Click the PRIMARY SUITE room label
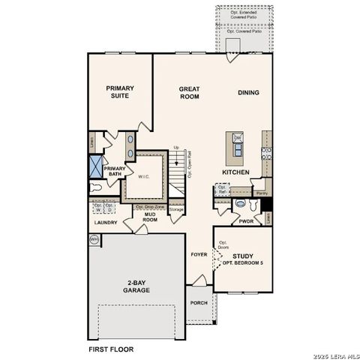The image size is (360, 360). pyautogui.click(x=118, y=91)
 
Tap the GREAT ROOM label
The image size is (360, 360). pyautogui.click(x=188, y=92)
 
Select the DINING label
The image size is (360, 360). pyautogui.click(x=248, y=92)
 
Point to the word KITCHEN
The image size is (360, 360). pyautogui.click(x=236, y=172)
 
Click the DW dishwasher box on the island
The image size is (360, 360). pyautogui.click(x=237, y=139)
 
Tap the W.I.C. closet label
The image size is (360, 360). pyautogui.click(x=145, y=177)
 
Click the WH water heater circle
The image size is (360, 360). pyautogui.click(x=94, y=239)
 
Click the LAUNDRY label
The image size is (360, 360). pyautogui.click(x=106, y=223)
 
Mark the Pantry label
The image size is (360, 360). pyautogui.click(x=261, y=193)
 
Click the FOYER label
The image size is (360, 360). pyautogui.click(x=198, y=253)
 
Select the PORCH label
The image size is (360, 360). pyautogui.click(x=199, y=303)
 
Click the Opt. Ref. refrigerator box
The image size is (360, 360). pyautogui.click(x=223, y=192)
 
